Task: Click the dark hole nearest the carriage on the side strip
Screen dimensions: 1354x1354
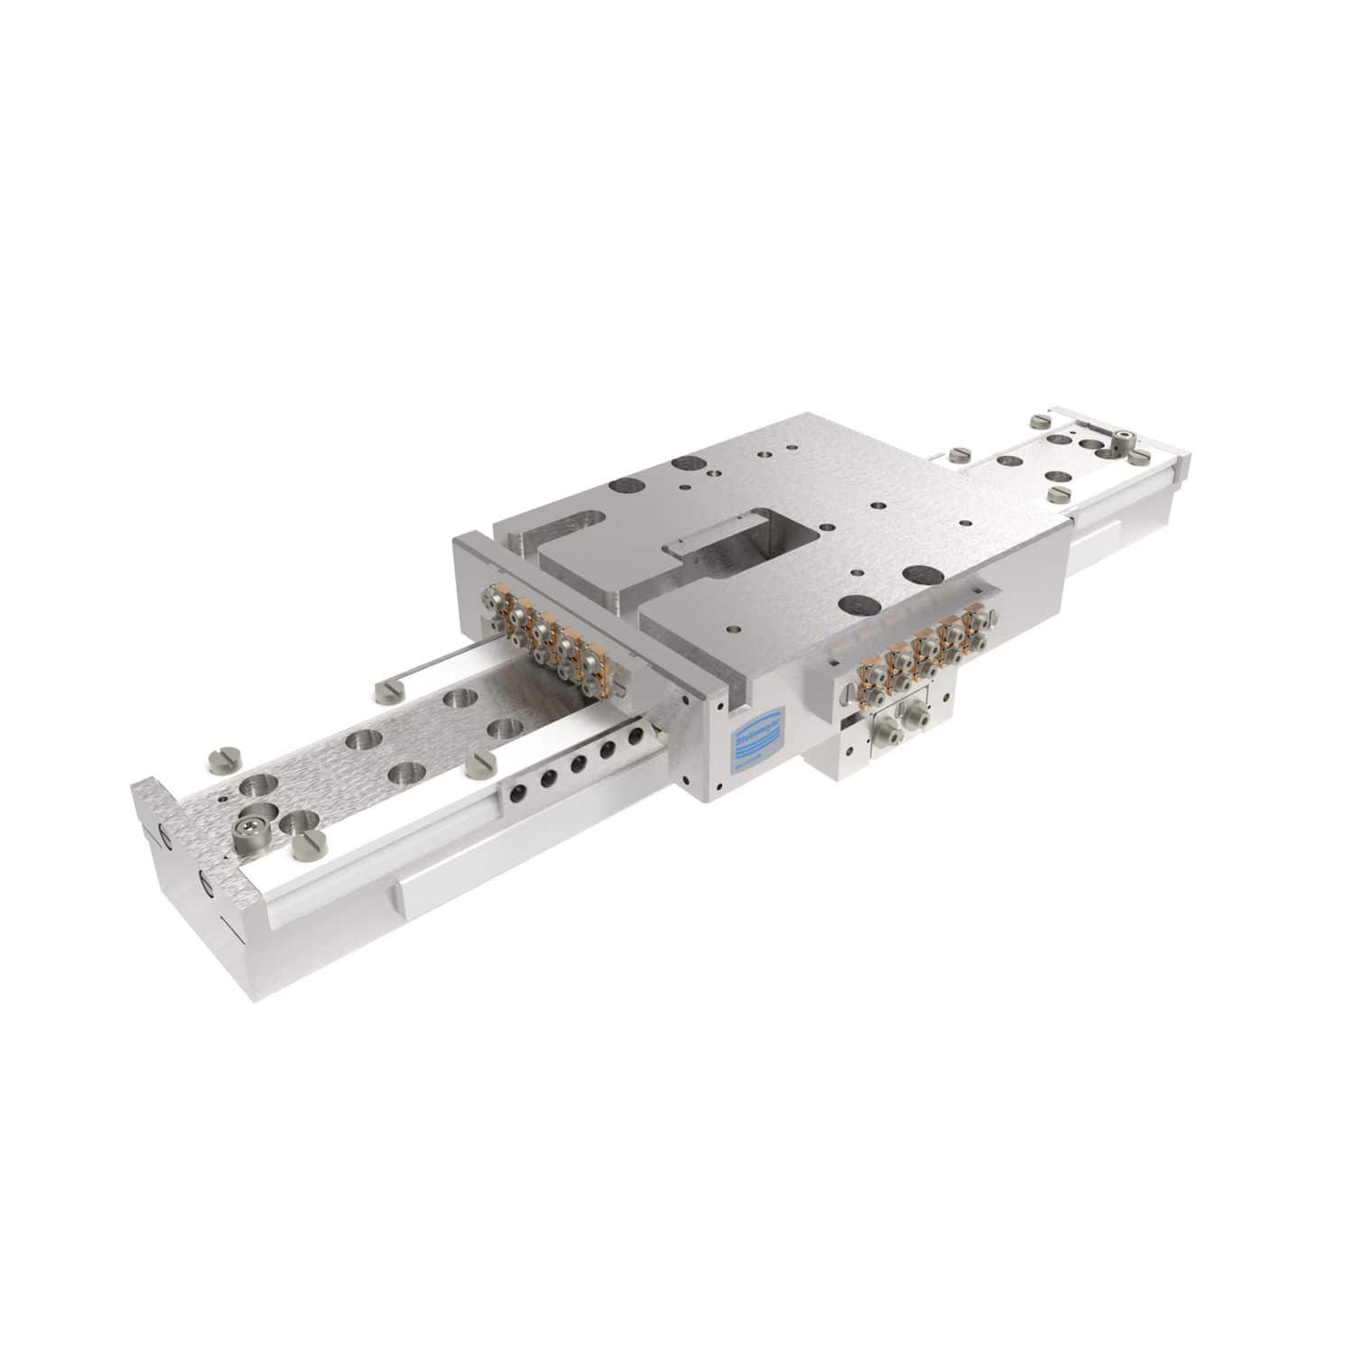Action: pos(635,736)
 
